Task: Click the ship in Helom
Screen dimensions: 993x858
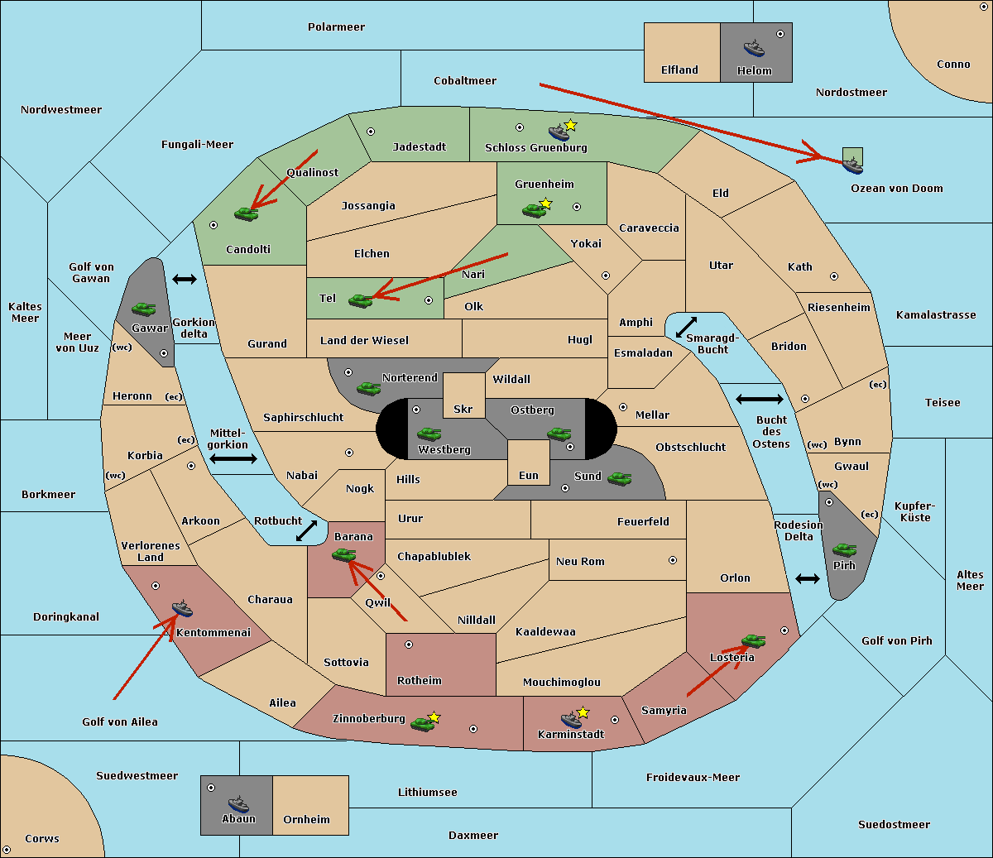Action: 754,48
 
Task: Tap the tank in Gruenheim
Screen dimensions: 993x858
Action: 533,210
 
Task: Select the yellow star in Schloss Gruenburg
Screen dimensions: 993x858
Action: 570,126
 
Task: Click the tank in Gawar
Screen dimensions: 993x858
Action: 144,309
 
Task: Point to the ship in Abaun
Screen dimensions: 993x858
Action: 238,803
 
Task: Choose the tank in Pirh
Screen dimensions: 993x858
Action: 845,549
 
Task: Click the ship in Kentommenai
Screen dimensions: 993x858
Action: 182,608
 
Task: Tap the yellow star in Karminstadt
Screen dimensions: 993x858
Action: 583,712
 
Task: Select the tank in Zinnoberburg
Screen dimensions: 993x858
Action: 422,724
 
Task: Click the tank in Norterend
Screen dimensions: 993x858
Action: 368,388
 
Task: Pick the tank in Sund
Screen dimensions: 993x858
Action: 619,478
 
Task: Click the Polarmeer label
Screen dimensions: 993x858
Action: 336,27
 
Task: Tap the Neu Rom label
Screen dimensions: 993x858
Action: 580,561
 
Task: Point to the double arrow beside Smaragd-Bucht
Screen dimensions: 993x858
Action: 686,327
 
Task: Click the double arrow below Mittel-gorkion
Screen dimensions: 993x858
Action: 233,458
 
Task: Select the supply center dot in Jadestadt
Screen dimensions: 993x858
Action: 371,132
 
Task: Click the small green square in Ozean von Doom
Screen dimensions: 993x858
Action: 852,156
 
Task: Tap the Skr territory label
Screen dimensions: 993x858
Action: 463,409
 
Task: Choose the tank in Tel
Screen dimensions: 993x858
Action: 360,300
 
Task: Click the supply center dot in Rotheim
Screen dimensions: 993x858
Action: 408,645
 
